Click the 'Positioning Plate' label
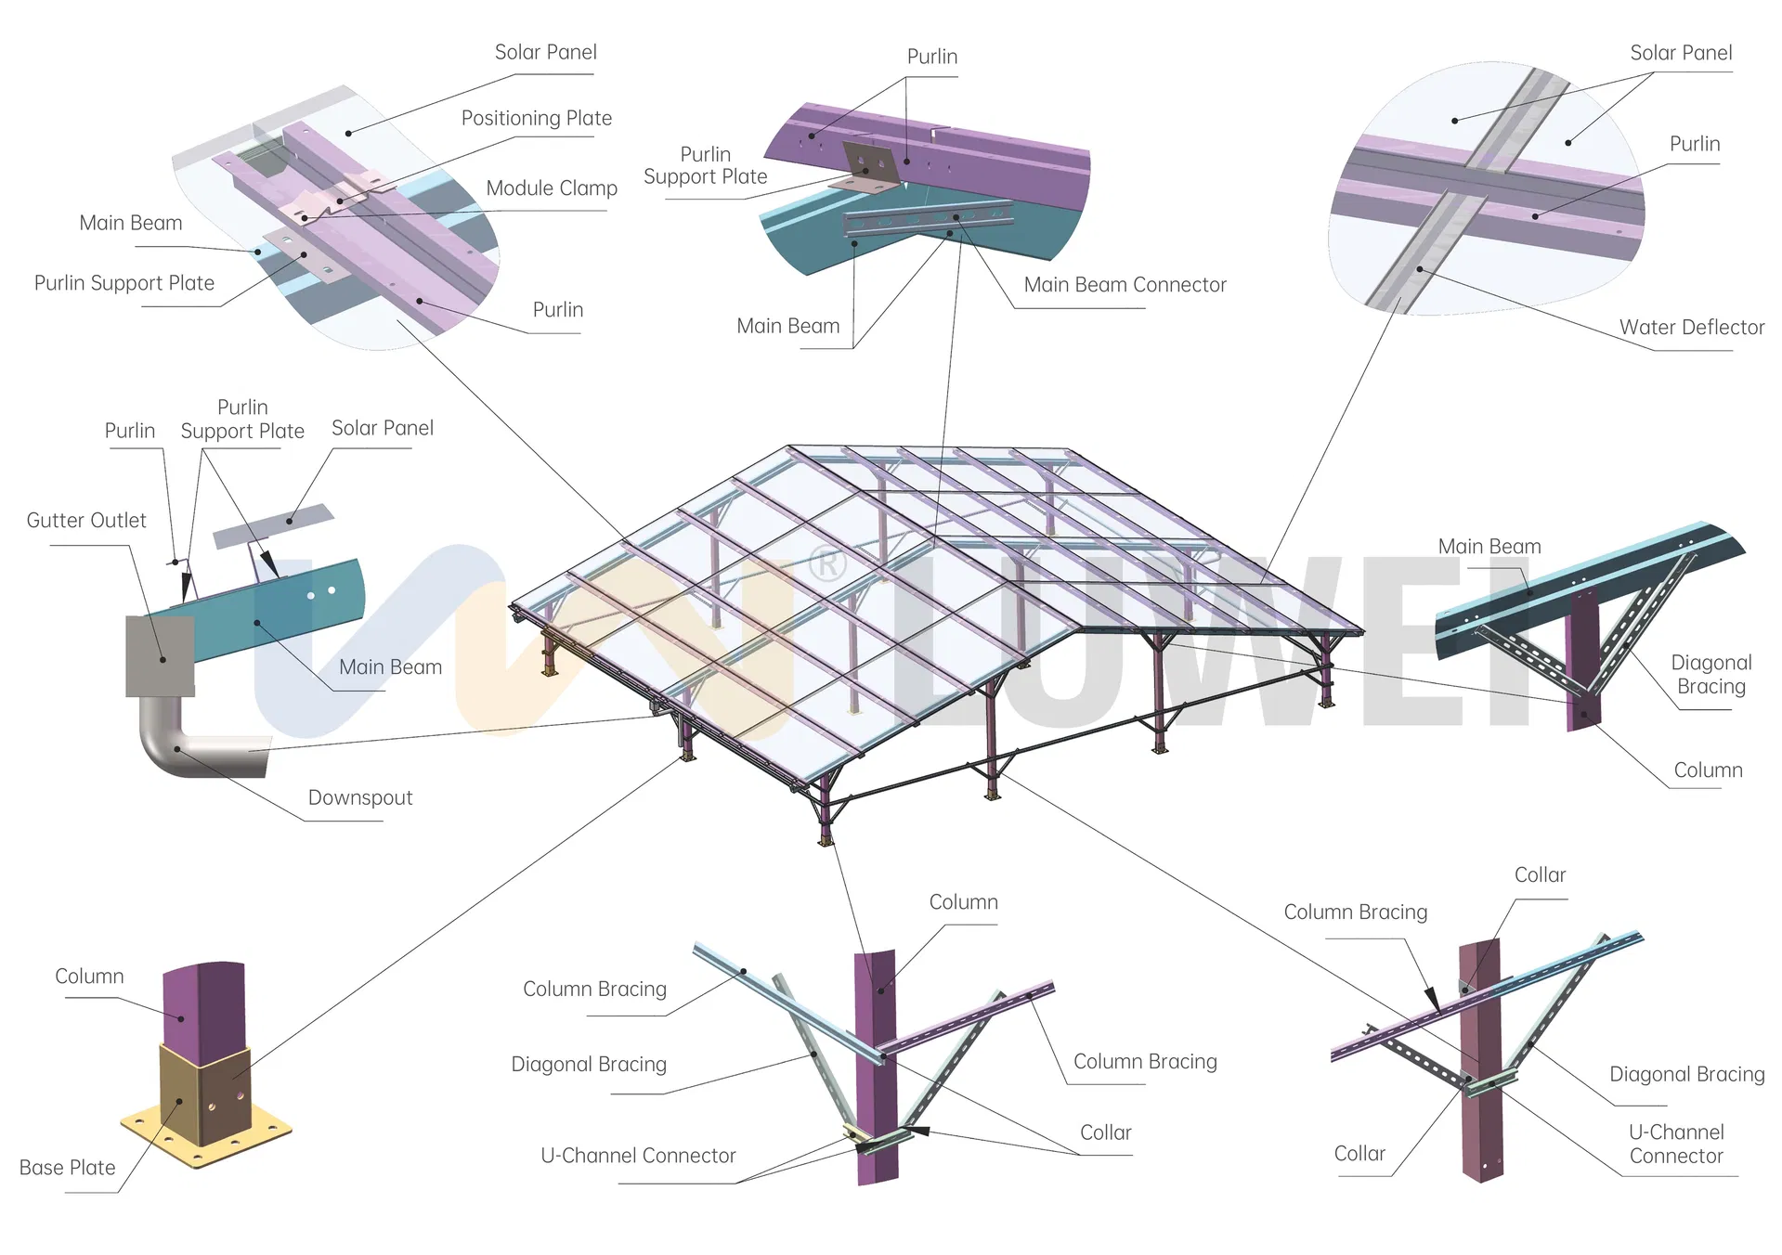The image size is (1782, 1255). [x=536, y=119]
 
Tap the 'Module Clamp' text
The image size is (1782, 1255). [x=552, y=188]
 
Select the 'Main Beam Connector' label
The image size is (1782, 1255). [x=1125, y=285]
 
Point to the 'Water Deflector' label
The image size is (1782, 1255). [x=1691, y=328]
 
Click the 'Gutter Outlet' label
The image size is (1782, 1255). [x=86, y=521]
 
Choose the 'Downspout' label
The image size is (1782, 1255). [x=360, y=798]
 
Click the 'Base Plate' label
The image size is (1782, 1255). [x=68, y=1168]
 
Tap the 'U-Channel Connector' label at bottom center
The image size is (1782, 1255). [x=638, y=1156]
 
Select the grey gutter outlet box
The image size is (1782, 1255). [x=160, y=656]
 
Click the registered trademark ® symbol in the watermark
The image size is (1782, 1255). [x=826, y=563]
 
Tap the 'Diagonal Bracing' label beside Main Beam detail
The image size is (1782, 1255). [x=1710, y=675]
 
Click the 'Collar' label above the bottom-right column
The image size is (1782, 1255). [x=1540, y=875]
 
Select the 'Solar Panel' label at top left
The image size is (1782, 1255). [x=545, y=53]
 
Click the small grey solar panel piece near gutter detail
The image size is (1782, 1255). [x=273, y=526]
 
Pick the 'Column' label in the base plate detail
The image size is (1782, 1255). [x=89, y=977]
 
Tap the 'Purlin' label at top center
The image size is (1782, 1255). [x=931, y=58]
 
